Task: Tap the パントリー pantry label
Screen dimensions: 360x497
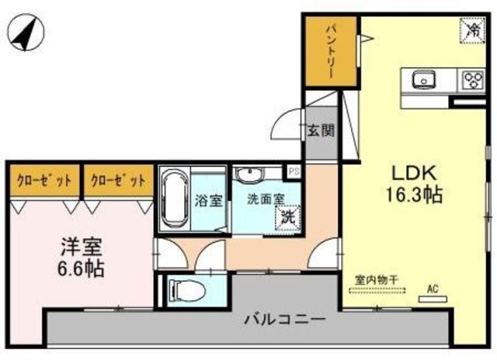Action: tap(330, 52)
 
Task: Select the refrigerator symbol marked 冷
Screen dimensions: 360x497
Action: tap(471, 29)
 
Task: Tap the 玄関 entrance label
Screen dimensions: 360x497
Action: tap(320, 130)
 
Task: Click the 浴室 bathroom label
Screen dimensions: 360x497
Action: tap(210, 200)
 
